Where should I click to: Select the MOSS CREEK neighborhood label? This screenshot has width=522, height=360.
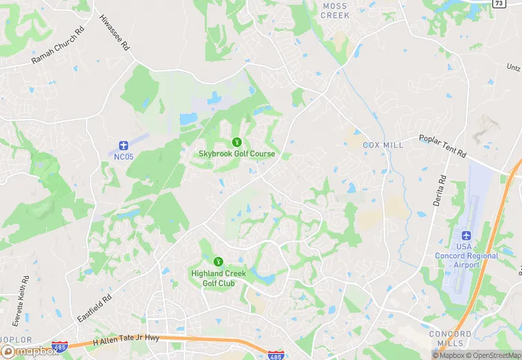click(x=336, y=10)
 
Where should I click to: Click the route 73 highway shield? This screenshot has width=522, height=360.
click(x=499, y=3)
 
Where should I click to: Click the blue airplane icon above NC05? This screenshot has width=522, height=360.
click(x=123, y=145)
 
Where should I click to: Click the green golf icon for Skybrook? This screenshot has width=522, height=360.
click(x=237, y=142)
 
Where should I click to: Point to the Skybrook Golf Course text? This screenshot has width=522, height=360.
click(x=237, y=154)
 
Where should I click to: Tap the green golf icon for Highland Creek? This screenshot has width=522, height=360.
click(x=218, y=261)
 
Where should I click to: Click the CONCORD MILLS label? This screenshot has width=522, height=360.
click(x=450, y=338)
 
